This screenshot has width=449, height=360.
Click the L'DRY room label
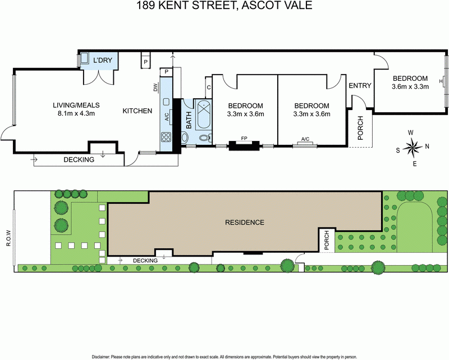click(x=103, y=60)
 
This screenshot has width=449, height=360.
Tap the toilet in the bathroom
click(x=204, y=136)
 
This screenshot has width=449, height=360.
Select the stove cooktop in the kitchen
click(x=167, y=136)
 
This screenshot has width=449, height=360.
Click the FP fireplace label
click(x=244, y=138)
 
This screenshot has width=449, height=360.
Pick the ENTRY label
click(x=360, y=85)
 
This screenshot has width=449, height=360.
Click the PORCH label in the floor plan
click(x=360, y=128)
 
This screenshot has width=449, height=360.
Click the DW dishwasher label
click(x=155, y=87)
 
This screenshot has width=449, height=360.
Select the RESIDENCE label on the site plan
click(x=244, y=222)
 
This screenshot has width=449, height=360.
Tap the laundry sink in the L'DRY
click(x=84, y=59)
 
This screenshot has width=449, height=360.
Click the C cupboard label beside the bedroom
click(x=209, y=88)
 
